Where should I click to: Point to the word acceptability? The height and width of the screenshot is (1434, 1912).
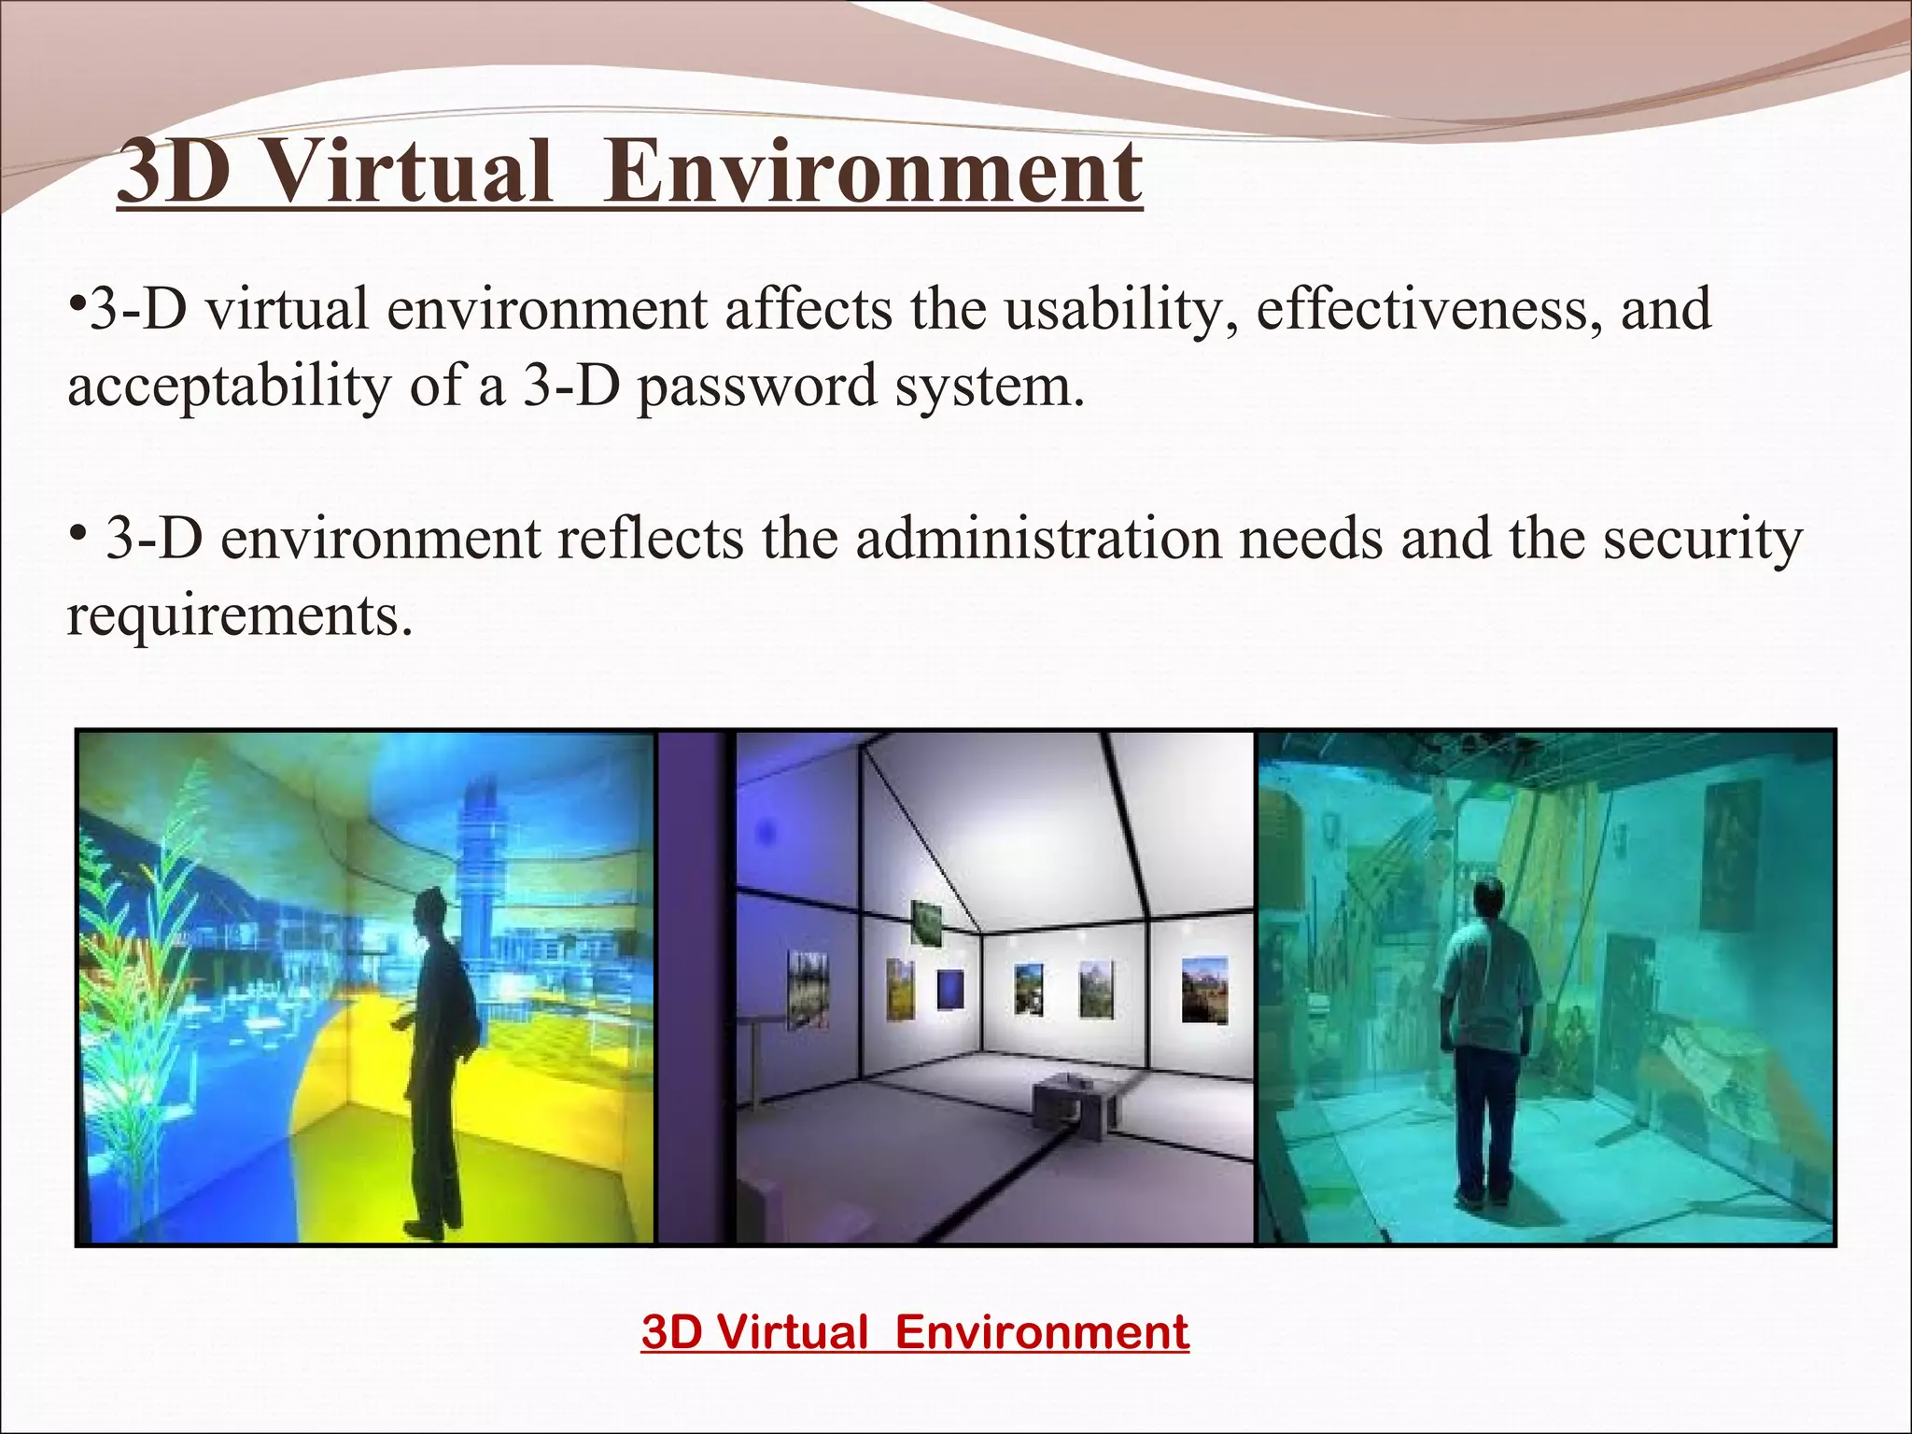[x=229, y=387]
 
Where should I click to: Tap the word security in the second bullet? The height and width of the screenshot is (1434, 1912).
[x=1703, y=539]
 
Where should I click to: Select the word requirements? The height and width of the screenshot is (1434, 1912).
[x=239, y=616]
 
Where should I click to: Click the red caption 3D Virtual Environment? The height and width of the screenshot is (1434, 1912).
[x=915, y=1331]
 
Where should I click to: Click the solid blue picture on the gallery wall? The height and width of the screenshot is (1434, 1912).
[x=951, y=989]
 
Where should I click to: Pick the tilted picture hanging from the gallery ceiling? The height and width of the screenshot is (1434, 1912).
[x=925, y=921]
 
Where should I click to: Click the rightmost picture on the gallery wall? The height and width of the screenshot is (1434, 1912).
[x=1204, y=990]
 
